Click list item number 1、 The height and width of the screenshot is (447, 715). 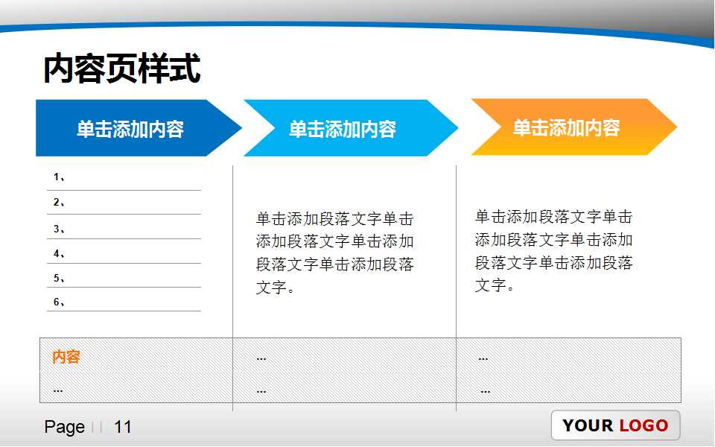coord(60,177)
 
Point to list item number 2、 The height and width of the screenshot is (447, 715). coord(60,202)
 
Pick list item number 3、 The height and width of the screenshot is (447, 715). coord(60,229)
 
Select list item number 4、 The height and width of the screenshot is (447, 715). coord(60,253)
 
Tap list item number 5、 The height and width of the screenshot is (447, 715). coord(60,278)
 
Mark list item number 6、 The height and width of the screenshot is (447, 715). coord(60,302)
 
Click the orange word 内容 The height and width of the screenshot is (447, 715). coord(66,357)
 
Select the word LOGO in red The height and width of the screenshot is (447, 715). coord(643,425)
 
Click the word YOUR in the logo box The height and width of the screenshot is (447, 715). coord(588,425)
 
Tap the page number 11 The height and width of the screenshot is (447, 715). coord(123,427)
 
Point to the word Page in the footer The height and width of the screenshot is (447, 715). coord(64,427)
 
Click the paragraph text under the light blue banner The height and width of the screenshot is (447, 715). coord(334,253)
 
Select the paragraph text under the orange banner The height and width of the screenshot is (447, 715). coord(553,251)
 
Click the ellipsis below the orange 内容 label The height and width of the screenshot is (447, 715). coord(58,390)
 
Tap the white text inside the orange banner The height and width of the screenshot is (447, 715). coord(566,127)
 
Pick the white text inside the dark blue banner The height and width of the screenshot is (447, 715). coord(130,129)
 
